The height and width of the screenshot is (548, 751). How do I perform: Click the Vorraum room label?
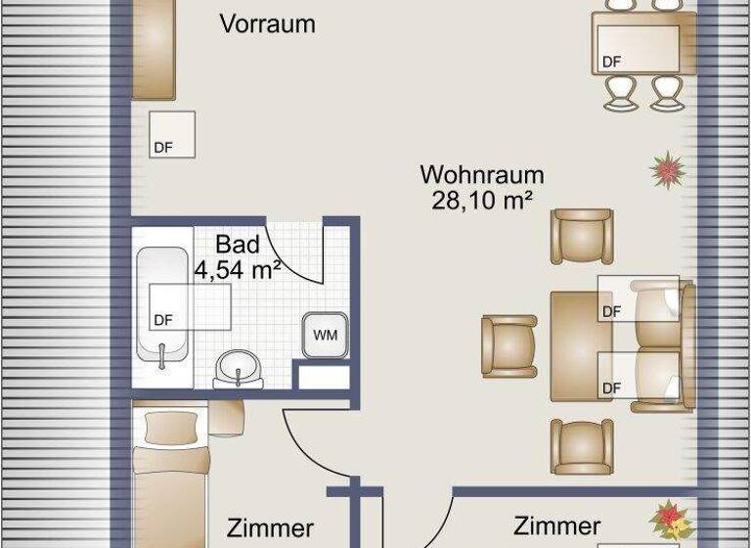267,23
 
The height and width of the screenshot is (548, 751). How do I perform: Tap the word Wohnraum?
481,175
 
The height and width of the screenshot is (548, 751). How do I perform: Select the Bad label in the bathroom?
238,245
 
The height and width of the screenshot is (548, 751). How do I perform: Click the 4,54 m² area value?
238,269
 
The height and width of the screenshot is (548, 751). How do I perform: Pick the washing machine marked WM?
325,336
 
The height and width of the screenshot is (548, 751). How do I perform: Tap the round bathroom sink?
238,368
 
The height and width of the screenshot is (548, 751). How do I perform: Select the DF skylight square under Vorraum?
171,135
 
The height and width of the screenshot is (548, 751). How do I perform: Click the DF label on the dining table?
612,62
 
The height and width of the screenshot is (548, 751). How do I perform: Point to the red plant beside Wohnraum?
668,170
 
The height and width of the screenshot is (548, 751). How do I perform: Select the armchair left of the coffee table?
509,344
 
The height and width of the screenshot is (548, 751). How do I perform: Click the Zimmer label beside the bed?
270,528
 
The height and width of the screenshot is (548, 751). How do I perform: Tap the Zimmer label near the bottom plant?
556,525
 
